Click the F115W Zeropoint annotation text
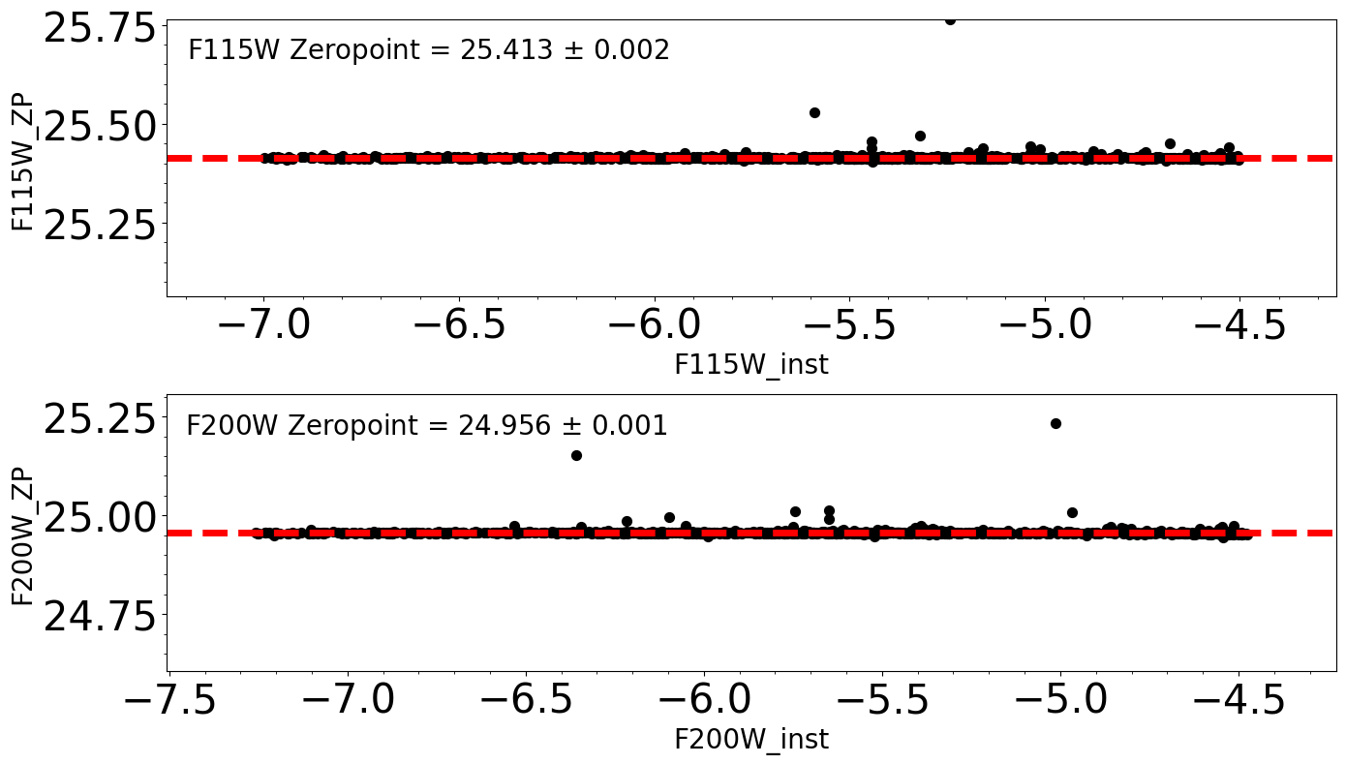tap(428, 50)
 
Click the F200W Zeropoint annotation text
tap(426, 426)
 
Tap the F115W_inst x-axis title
tap(750, 365)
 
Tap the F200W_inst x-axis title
tap(750, 740)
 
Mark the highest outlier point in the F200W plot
tap(1055, 423)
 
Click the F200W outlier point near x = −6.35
tap(576, 455)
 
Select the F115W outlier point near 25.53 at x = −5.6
tap(814, 112)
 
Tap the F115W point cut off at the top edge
tap(950, 20)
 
